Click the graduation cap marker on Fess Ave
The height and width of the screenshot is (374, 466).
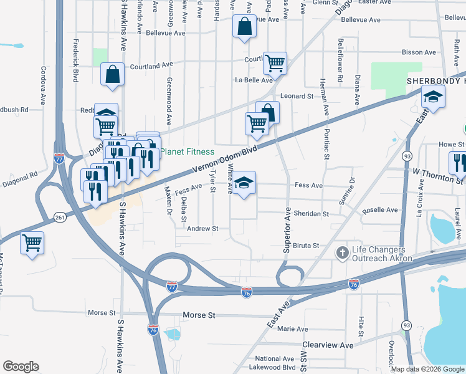(x=244, y=183)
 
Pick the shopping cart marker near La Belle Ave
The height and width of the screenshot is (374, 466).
(x=275, y=63)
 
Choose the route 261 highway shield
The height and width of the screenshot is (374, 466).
(x=60, y=217)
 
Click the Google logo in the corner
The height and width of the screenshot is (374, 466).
(x=21, y=367)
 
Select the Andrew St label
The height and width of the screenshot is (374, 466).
(x=203, y=229)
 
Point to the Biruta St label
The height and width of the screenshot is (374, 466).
(x=306, y=246)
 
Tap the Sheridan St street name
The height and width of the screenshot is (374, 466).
(x=313, y=214)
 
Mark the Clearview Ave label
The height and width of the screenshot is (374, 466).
(x=328, y=345)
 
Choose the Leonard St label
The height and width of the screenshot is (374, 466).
(x=297, y=96)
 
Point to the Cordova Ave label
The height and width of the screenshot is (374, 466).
(x=44, y=85)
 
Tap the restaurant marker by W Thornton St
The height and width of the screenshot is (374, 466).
(x=459, y=163)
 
